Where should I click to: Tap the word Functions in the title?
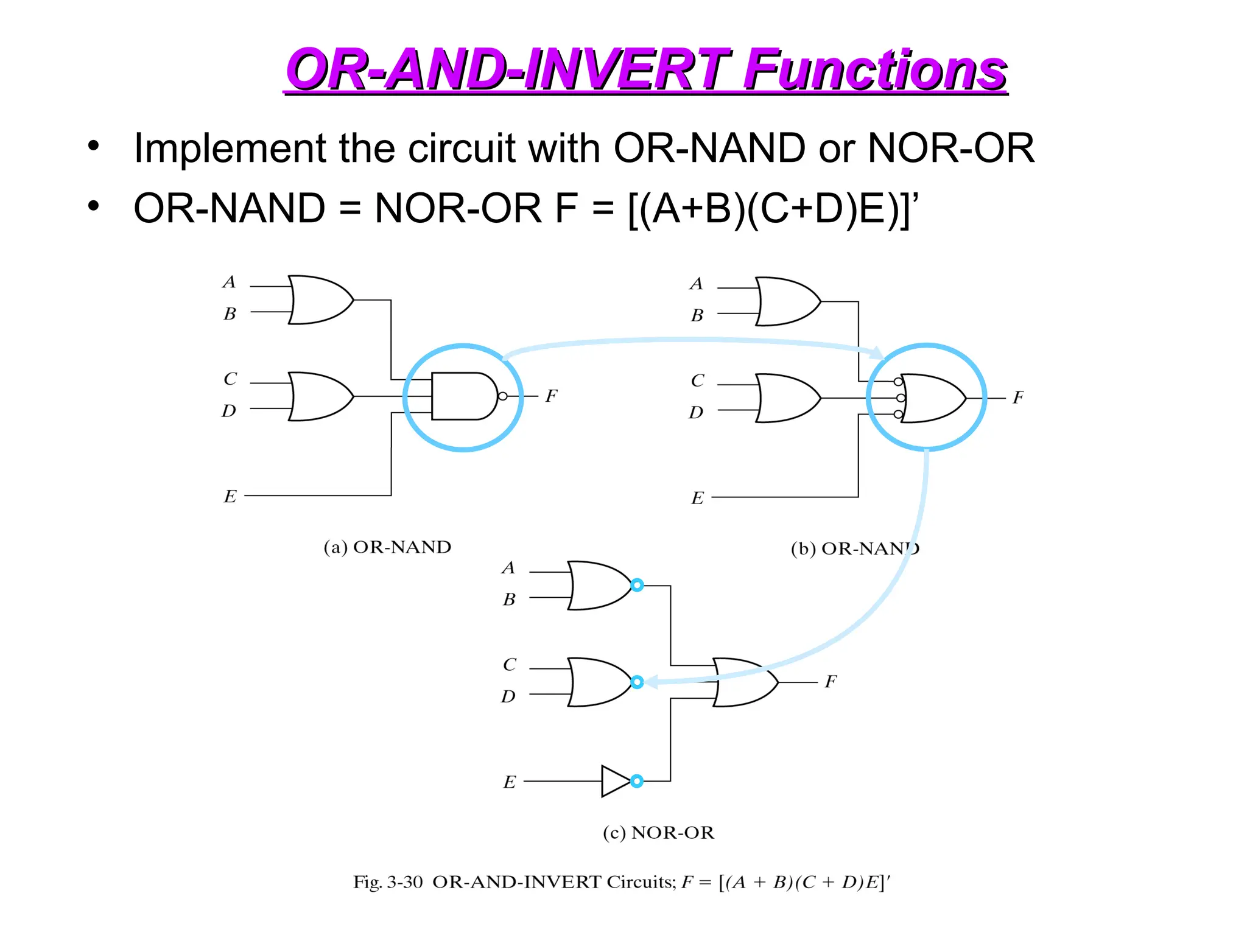(x=874, y=70)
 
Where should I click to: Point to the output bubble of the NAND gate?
(x=502, y=396)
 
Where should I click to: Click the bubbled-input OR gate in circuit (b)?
(x=932, y=398)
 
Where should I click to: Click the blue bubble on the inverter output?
(x=637, y=781)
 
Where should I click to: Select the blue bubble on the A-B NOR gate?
(x=637, y=585)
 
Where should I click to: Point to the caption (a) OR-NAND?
(x=387, y=547)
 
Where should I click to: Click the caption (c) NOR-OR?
(x=658, y=832)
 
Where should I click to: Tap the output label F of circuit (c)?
(x=831, y=682)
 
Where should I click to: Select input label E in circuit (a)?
(x=230, y=497)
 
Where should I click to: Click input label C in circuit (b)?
(x=697, y=381)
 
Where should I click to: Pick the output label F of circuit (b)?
(x=1017, y=398)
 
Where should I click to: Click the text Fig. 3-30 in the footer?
(x=387, y=882)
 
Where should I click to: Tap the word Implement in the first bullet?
(x=230, y=148)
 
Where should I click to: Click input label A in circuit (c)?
(x=508, y=568)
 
